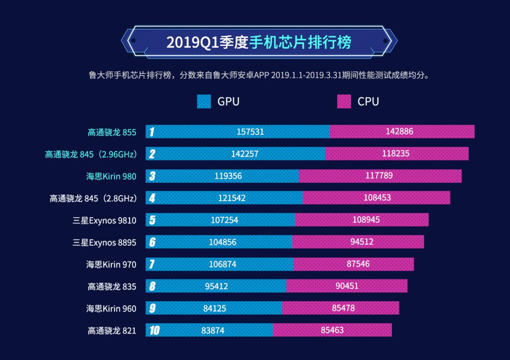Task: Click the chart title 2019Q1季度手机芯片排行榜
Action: (x=259, y=42)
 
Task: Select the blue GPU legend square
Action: (x=204, y=101)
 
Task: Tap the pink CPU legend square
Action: (x=344, y=101)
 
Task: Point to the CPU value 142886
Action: (x=399, y=132)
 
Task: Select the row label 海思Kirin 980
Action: (x=111, y=176)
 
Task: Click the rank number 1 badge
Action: (x=152, y=132)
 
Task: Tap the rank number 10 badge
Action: (x=154, y=330)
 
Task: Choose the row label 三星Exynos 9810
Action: (x=104, y=220)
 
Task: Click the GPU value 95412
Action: (x=216, y=286)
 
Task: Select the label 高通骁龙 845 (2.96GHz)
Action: (x=91, y=154)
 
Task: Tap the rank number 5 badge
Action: (x=152, y=220)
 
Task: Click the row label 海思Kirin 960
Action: (x=111, y=308)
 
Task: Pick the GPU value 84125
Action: (x=215, y=308)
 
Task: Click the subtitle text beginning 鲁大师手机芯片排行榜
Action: (x=260, y=75)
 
